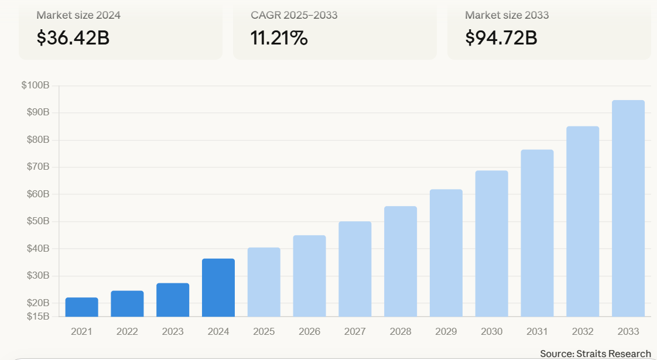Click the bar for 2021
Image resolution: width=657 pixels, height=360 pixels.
81,307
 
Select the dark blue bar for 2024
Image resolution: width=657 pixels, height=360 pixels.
218,287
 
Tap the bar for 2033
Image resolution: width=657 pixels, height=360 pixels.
628,208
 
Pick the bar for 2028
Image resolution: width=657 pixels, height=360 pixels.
401,261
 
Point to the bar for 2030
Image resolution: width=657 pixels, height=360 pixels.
492,244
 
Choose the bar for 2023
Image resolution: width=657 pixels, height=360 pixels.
173,300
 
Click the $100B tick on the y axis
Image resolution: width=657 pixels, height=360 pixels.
36,85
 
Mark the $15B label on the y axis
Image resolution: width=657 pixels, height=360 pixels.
38,316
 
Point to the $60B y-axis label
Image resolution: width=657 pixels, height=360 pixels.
38,194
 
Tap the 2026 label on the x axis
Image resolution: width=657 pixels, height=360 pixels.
309,331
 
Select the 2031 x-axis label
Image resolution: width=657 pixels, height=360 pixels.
537,331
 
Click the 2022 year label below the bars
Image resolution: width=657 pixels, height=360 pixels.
127,331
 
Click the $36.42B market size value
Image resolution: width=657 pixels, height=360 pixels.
73,38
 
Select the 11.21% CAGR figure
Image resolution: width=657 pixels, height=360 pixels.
279,38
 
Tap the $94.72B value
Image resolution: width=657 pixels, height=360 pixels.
501,38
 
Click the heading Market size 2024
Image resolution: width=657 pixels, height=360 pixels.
78,15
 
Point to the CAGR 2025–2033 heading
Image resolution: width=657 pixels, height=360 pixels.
294,15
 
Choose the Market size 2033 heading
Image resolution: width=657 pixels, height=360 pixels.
507,15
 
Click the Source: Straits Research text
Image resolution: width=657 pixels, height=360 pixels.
595,354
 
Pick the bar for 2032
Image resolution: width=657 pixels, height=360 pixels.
583,221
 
